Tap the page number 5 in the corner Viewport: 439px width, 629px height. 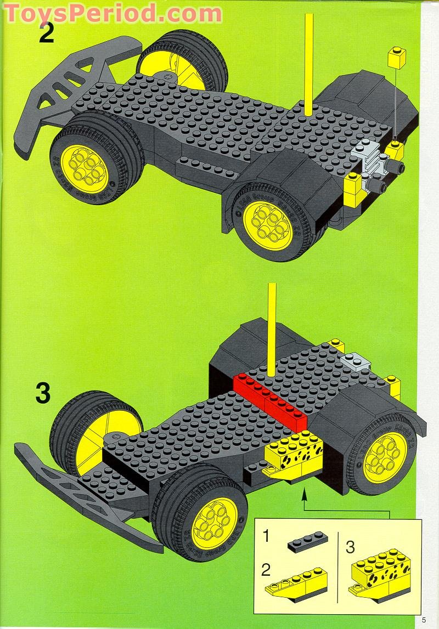click(x=424, y=620)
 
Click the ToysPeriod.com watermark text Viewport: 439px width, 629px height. click(x=112, y=12)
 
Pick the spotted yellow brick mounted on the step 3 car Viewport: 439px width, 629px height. click(x=294, y=452)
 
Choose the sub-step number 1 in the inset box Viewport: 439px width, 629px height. click(x=266, y=536)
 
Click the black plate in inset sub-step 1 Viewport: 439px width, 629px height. click(x=308, y=541)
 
